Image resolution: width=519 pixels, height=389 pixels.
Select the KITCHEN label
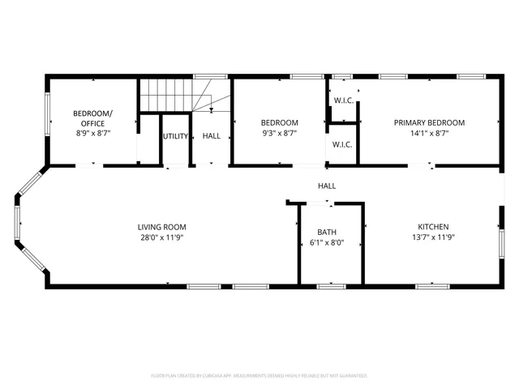tap(433, 227)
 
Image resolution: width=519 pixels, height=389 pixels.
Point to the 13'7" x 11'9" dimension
tap(433, 238)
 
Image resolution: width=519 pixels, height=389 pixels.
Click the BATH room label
tap(327, 232)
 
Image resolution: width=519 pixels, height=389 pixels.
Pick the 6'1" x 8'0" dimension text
tap(327, 243)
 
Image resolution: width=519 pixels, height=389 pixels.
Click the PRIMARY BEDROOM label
tap(429, 122)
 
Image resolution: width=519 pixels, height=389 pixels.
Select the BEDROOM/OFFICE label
tap(93, 118)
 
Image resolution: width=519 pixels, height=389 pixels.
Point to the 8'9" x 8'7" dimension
tap(93, 133)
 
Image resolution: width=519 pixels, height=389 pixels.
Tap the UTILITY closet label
tap(175, 136)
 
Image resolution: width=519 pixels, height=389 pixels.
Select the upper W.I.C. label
tap(342, 100)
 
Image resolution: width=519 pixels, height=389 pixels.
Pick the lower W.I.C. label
tap(342, 145)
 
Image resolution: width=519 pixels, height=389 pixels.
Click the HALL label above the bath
tap(327, 186)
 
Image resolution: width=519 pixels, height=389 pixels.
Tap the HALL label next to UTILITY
tap(211, 136)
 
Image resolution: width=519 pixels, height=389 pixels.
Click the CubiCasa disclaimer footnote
tap(259, 376)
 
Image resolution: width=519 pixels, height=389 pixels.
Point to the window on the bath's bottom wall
tap(329, 286)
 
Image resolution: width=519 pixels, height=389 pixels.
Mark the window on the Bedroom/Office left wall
tap(47, 117)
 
